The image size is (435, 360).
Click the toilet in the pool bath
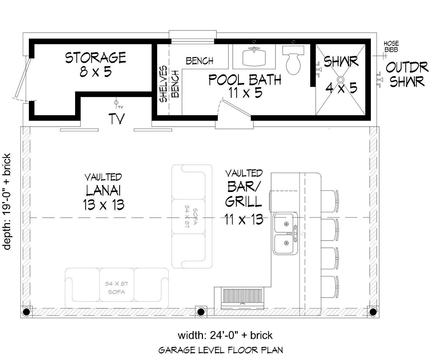coord(293,61)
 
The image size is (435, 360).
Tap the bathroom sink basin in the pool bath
coord(254,57)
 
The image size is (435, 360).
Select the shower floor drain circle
coord(341,79)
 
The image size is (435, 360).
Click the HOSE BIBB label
coord(391,46)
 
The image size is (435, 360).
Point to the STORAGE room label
coord(96,58)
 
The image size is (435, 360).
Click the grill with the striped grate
coord(242,299)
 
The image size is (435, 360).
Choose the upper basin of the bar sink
coord(284,223)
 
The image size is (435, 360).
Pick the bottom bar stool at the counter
coord(330,287)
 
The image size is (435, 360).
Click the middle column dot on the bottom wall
coord(200,312)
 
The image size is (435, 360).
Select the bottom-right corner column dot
coord(373,312)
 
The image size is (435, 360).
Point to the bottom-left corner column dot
coord(26,312)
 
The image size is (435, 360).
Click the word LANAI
coord(103,190)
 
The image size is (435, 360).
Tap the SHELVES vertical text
coord(163,84)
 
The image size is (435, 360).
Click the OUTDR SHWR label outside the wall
coord(407,74)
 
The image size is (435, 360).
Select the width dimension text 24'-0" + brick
coord(225,335)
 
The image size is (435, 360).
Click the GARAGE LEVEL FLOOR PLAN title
coord(221,350)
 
